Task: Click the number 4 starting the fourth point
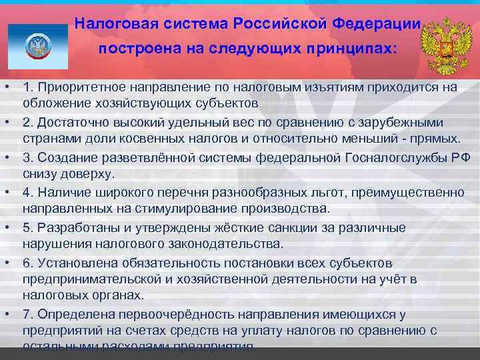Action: coord(26,192)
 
